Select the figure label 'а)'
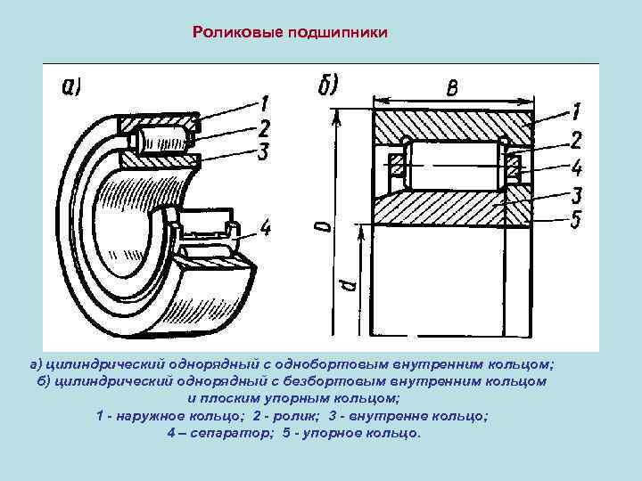click(71, 87)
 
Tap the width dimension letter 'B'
click(453, 86)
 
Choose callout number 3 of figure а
click(263, 151)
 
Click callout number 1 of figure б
click(576, 111)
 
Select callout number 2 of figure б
click(576, 139)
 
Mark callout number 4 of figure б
click(576, 166)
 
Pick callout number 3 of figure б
click(576, 193)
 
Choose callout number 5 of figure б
click(576, 218)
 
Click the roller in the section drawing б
click(456, 165)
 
